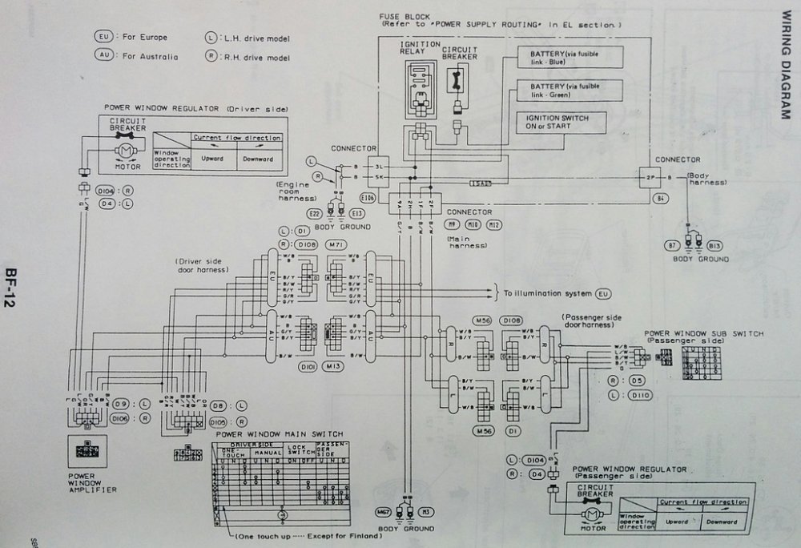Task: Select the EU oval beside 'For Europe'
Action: [x=102, y=38]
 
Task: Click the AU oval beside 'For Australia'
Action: [x=102, y=56]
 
